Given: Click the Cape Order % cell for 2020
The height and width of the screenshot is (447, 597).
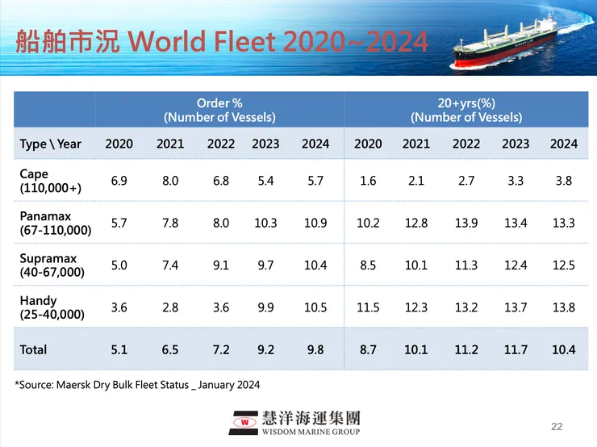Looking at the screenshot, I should click(119, 181).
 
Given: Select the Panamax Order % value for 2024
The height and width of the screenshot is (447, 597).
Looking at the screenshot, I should click(315, 223).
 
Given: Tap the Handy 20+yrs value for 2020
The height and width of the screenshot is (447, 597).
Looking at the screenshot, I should click(368, 307).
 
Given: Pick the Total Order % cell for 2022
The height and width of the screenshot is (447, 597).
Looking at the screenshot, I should click(220, 349).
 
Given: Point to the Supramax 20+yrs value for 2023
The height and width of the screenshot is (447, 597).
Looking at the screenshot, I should click(516, 265).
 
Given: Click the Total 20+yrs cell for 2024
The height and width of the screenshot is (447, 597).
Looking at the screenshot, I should click(564, 349).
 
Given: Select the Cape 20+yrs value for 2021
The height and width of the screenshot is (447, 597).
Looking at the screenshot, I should click(416, 181).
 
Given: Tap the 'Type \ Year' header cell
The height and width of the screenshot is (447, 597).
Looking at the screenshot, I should click(51, 144).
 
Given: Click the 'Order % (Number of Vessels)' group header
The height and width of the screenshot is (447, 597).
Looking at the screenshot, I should click(219, 110).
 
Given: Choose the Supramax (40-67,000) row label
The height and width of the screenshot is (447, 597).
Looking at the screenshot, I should click(50, 265).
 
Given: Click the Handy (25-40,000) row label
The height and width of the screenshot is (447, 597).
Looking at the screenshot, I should click(50, 307).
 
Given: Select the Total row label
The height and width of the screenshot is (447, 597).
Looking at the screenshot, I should click(34, 349).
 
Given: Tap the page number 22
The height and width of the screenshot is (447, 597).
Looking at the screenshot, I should click(556, 425).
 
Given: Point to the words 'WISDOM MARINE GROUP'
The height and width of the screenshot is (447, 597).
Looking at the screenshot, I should click(311, 430).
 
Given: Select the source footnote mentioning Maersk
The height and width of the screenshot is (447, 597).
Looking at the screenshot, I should click(137, 385).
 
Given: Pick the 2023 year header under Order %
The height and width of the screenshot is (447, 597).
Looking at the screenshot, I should click(265, 144).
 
